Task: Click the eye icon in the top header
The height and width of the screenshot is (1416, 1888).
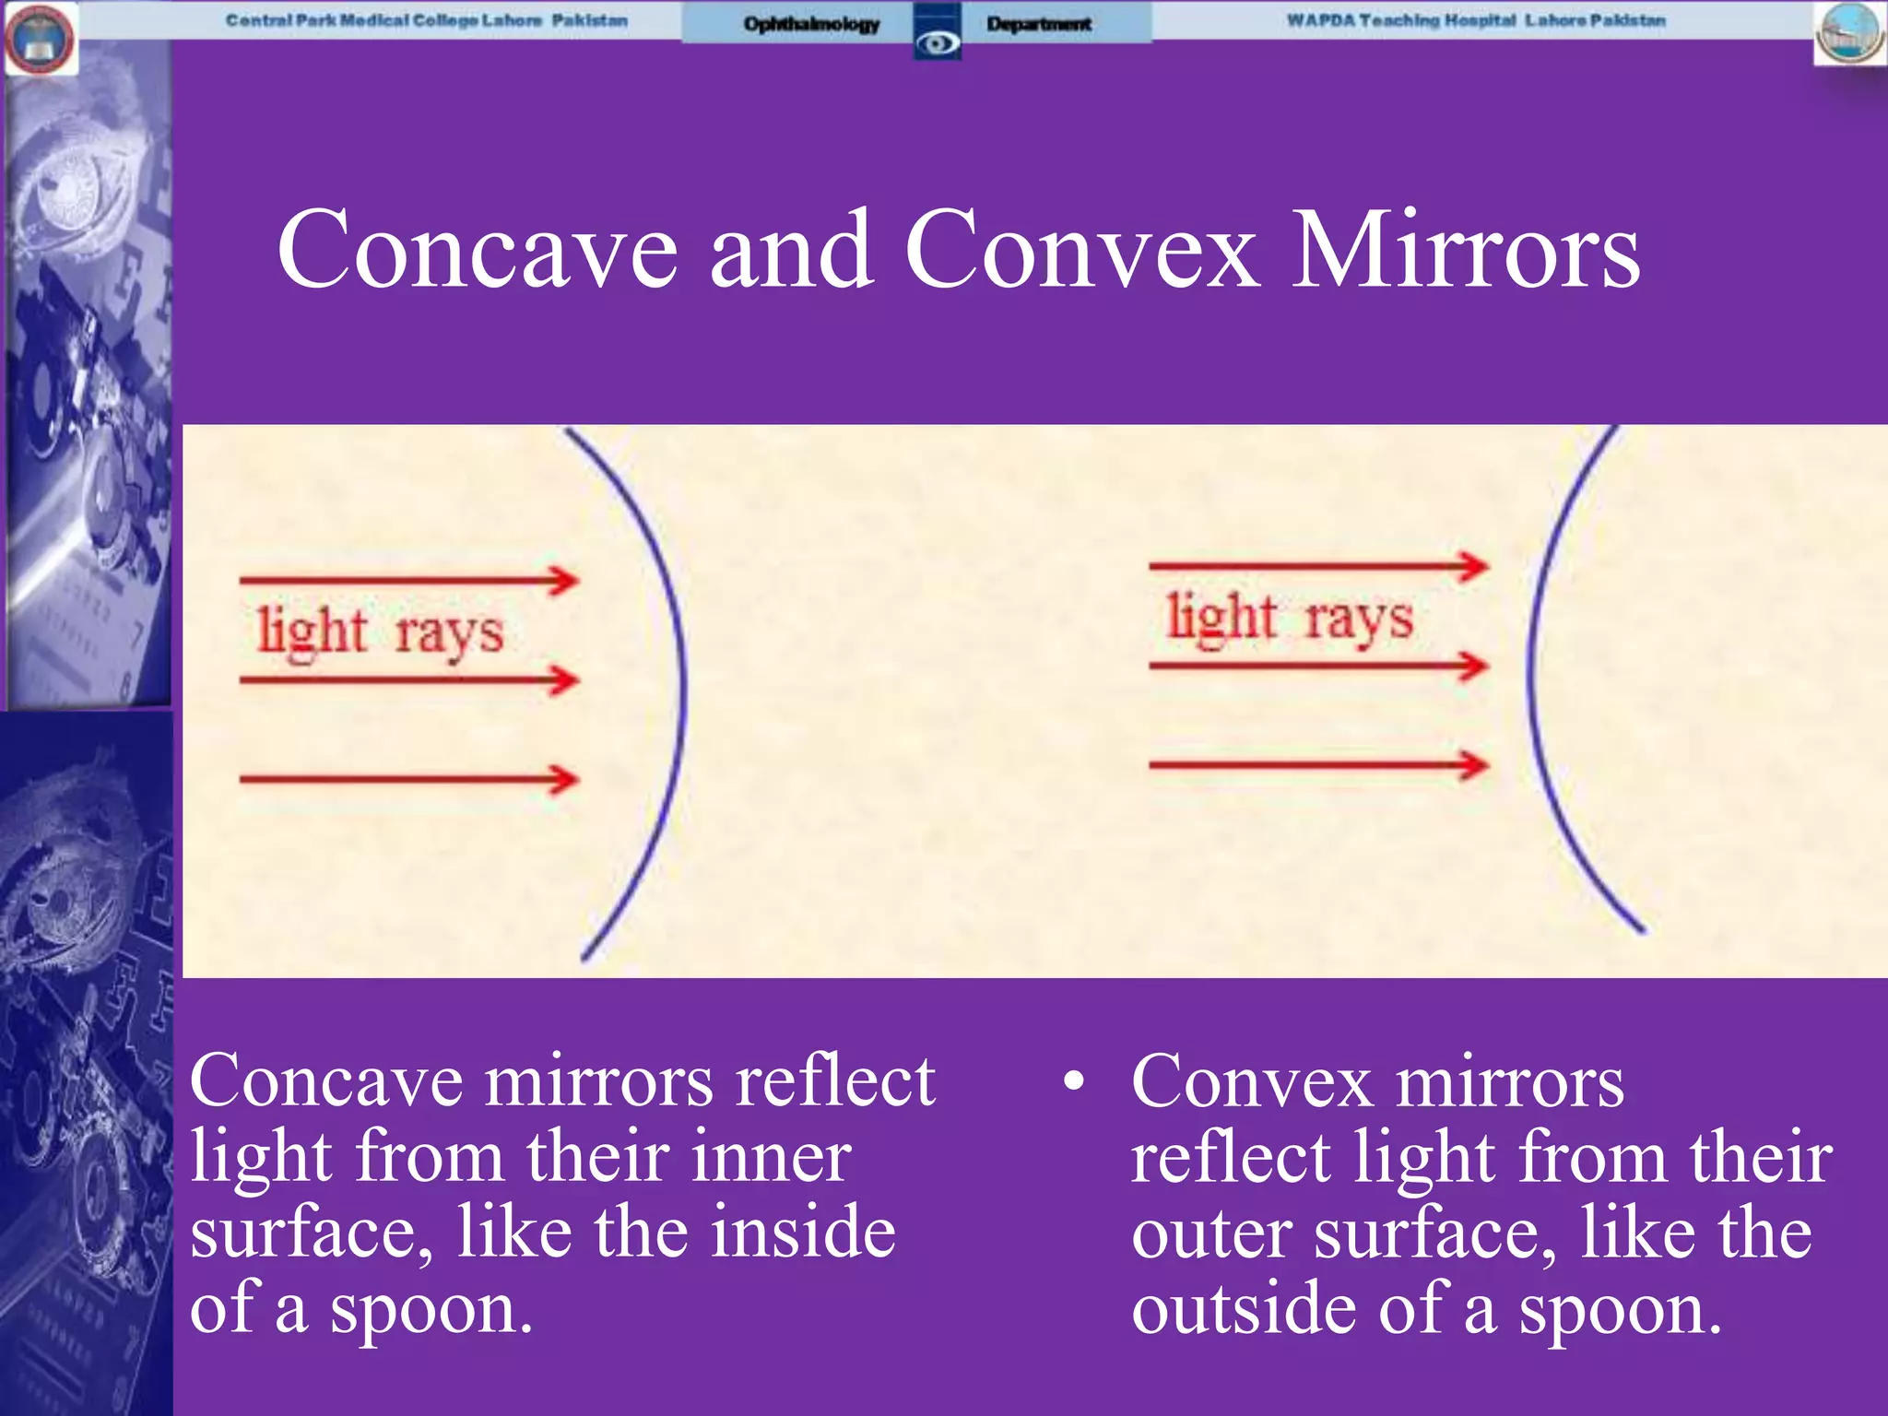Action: [938, 42]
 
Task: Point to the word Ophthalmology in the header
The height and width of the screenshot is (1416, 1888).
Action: [811, 24]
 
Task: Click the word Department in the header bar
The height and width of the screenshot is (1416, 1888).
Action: [1039, 24]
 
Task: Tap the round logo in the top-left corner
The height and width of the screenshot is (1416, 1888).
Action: [41, 39]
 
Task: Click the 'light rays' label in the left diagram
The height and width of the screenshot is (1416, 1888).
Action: [380, 631]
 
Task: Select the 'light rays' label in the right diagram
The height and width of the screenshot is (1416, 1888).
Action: [1289, 617]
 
